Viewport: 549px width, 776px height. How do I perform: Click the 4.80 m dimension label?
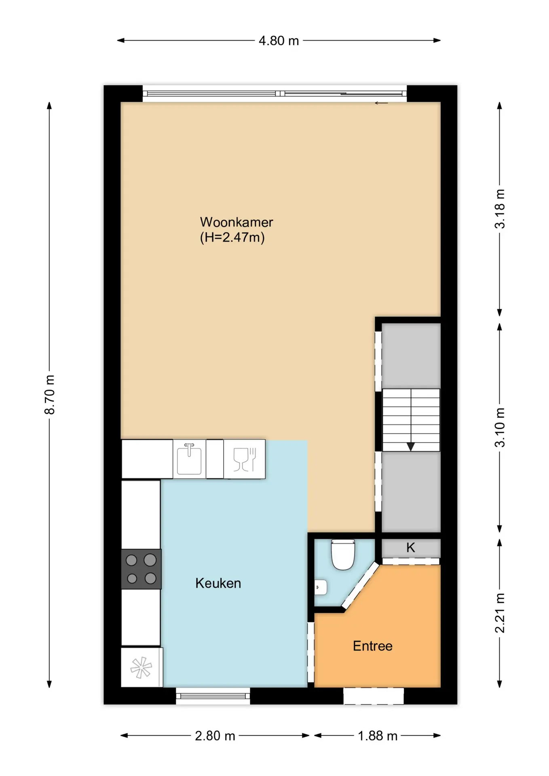(279, 41)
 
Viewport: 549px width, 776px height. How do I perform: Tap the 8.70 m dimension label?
(50, 394)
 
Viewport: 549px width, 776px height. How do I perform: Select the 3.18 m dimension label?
(500, 209)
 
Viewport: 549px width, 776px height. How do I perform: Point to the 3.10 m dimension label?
(500, 427)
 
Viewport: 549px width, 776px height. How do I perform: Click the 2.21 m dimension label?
(500, 613)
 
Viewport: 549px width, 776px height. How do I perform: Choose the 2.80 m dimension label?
(215, 736)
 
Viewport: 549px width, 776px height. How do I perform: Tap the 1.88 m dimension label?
(378, 736)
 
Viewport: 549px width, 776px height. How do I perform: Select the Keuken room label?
(218, 583)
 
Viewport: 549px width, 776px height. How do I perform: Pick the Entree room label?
(373, 646)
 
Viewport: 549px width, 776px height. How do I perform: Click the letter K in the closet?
(411, 548)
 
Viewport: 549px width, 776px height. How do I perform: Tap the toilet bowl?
(343, 555)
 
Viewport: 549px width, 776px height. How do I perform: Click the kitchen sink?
(189, 459)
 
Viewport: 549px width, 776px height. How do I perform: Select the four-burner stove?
(141, 569)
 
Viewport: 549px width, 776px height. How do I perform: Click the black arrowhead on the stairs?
(411, 447)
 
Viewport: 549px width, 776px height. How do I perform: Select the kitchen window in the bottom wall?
(213, 696)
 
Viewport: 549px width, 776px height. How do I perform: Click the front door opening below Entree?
(374, 696)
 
